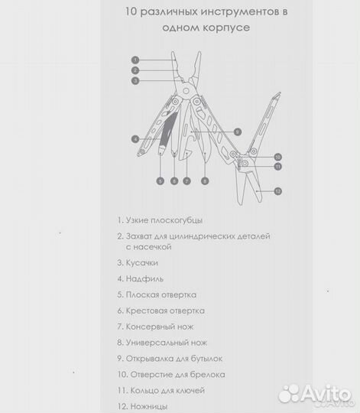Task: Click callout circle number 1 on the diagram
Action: (x=135, y=60)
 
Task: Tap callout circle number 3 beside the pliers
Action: (x=135, y=80)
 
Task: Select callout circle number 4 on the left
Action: (x=135, y=139)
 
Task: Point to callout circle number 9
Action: (x=238, y=132)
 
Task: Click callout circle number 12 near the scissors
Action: (x=278, y=191)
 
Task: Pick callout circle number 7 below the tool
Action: (x=186, y=181)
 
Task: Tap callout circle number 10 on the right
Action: (x=278, y=157)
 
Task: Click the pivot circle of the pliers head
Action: (x=186, y=91)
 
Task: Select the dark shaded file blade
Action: (x=168, y=129)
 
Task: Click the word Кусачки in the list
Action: (x=142, y=263)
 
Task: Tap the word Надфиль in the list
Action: (x=144, y=278)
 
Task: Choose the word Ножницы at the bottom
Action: (x=149, y=406)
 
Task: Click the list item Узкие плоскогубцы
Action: (x=160, y=220)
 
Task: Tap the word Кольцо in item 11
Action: (x=144, y=390)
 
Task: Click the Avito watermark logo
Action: (x=316, y=395)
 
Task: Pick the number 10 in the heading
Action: (x=131, y=11)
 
